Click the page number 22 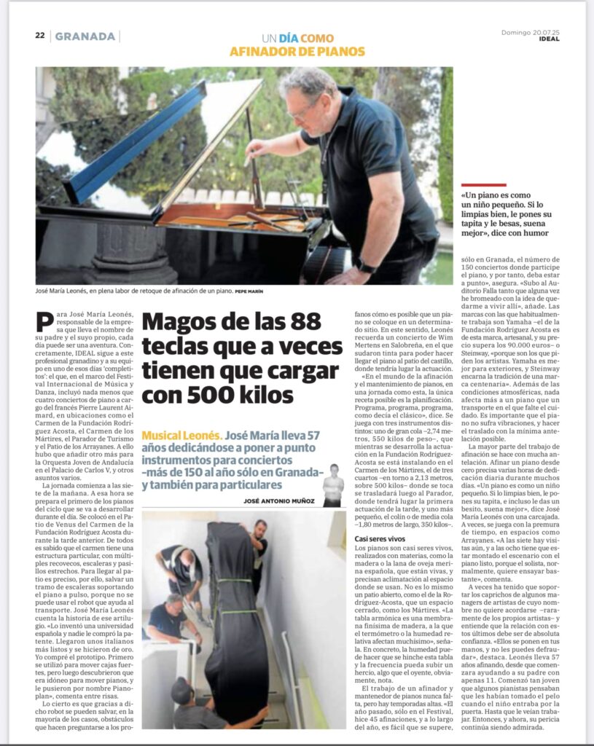click(40, 36)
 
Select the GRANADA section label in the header click(85, 36)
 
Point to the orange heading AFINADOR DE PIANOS click(297, 52)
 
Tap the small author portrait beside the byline click(332, 485)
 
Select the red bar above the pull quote click(484, 186)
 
